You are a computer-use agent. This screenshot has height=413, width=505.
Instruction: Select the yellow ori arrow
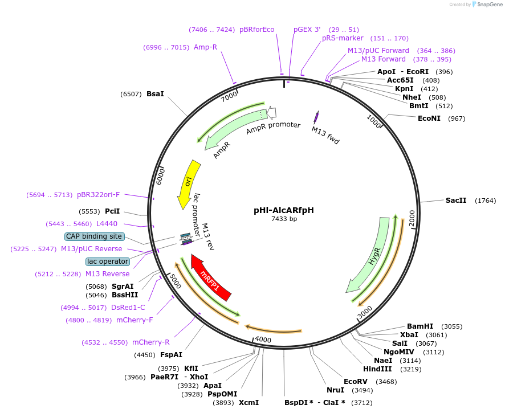(x=189, y=183)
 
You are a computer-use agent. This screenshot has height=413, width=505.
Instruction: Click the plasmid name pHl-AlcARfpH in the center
(x=284, y=210)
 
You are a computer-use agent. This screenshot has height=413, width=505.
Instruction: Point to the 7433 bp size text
(x=284, y=219)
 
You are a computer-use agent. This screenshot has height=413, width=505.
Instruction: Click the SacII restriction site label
(x=456, y=200)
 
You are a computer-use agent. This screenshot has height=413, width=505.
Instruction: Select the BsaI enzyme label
(x=155, y=93)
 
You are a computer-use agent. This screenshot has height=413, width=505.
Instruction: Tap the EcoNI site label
(x=429, y=118)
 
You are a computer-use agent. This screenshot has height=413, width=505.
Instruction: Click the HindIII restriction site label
(x=377, y=369)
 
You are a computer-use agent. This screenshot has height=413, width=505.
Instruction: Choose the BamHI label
(x=420, y=326)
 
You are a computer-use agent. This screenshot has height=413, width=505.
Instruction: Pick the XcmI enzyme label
(x=249, y=403)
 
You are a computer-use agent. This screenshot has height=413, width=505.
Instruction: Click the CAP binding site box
(x=94, y=236)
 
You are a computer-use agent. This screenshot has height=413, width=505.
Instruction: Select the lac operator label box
(x=108, y=261)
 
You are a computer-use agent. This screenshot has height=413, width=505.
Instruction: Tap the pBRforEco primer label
(x=256, y=30)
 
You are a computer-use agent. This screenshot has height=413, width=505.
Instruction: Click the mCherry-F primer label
(x=135, y=320)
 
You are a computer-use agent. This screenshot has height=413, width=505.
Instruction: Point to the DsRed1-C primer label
(x=128, y=308)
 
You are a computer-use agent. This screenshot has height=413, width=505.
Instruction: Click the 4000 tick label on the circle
(x=263, y=340)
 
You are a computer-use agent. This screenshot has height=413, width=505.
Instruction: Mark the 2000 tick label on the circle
(x=412, y=218)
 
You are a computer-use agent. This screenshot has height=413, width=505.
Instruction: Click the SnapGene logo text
(x=490, y=4)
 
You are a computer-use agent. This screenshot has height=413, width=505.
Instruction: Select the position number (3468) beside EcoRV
(x=386, y=382)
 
